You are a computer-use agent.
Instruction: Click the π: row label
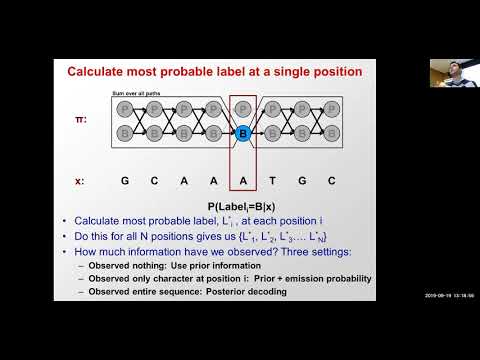(79, 119)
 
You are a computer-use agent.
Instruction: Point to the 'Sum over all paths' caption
(133, 92)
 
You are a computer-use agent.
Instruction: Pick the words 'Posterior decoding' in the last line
(258, 292)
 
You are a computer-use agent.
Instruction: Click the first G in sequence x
(124, 181)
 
